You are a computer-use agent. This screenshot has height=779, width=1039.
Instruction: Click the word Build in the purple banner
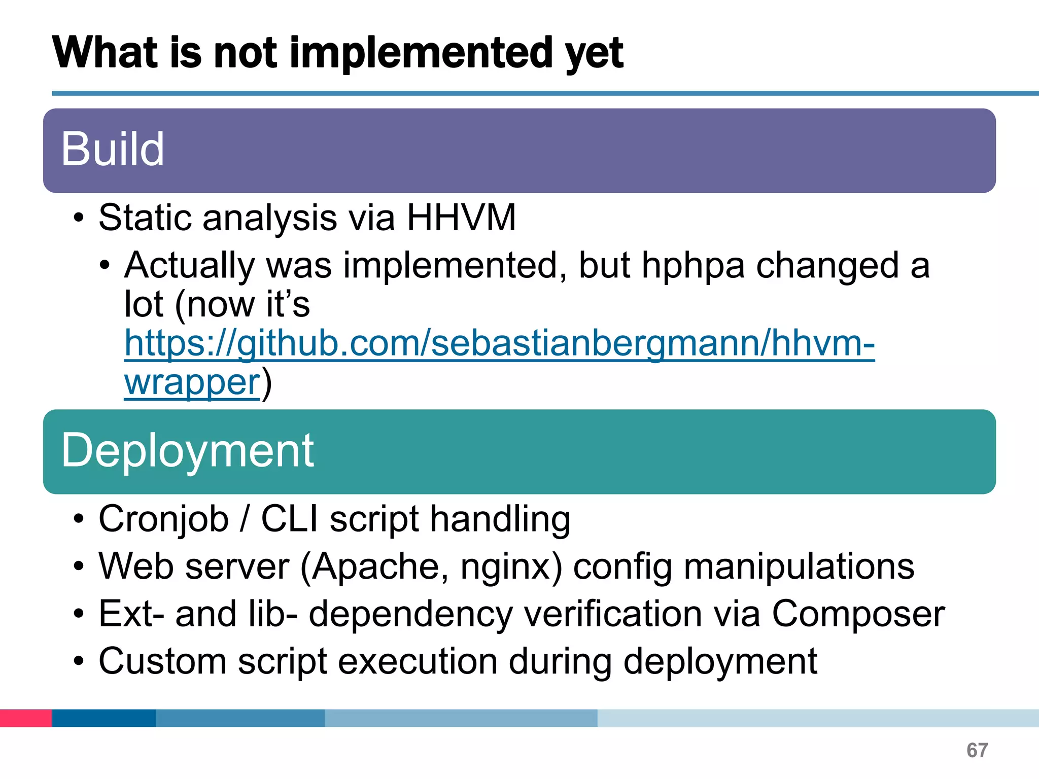[113, 149]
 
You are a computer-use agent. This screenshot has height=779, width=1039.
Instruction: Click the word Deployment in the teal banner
[187, 451]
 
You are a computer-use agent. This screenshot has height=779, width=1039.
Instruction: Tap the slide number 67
[977, 750]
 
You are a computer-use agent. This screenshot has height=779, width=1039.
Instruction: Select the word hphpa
[693, 266]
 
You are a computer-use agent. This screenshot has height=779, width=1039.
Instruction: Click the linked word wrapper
[192, 382]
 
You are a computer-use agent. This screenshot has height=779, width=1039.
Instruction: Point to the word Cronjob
[163, 519]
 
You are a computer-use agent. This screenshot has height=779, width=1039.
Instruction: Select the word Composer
[858, 614]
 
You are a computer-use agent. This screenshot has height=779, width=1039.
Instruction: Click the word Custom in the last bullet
[162, 661]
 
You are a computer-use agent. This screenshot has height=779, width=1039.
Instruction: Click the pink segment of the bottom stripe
[25, 718]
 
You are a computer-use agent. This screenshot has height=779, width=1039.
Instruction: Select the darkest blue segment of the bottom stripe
[103, 718]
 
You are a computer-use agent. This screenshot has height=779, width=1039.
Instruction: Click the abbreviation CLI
[289, 519]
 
